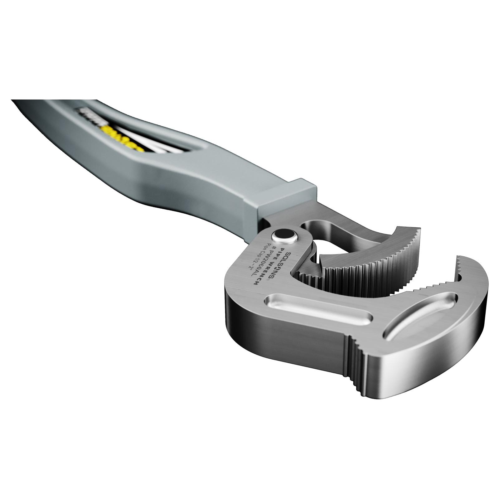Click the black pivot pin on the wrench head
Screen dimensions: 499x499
coord(284,235)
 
